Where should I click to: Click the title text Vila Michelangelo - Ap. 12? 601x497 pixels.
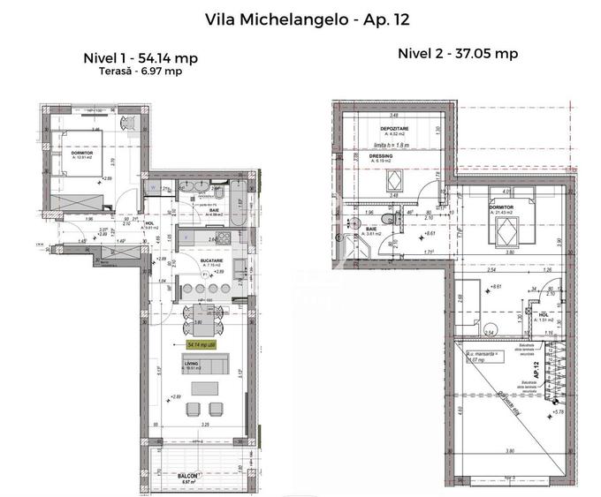(300, 18)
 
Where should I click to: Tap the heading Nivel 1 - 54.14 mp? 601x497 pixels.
(140, 58)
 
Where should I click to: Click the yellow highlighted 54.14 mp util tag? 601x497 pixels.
(205, 345)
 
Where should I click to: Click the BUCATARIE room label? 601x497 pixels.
(210, 261)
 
